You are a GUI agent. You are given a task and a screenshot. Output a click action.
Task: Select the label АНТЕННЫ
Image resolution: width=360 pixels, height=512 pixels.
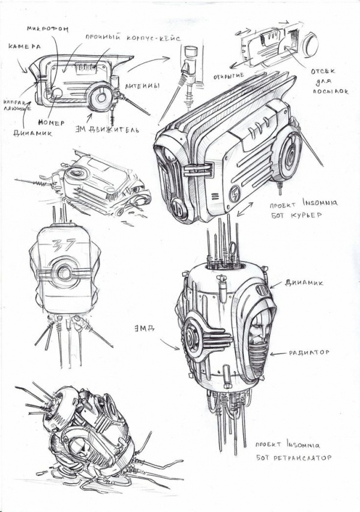pos(142,87)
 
